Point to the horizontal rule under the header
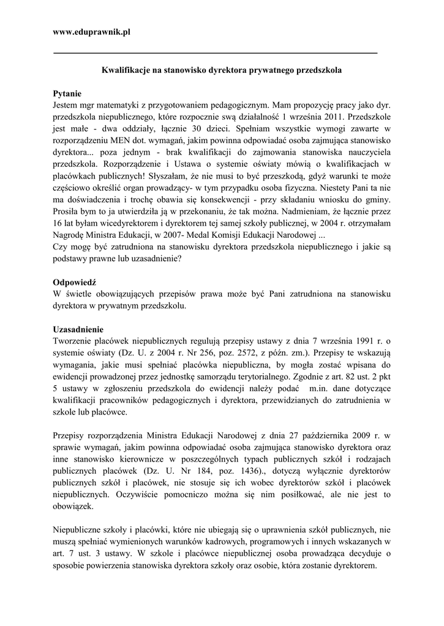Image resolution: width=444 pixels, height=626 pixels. [x=216, y=53]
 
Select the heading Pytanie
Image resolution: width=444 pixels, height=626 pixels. [x=67, y=94]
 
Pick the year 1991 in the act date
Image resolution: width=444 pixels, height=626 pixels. [x=355, y=341]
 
